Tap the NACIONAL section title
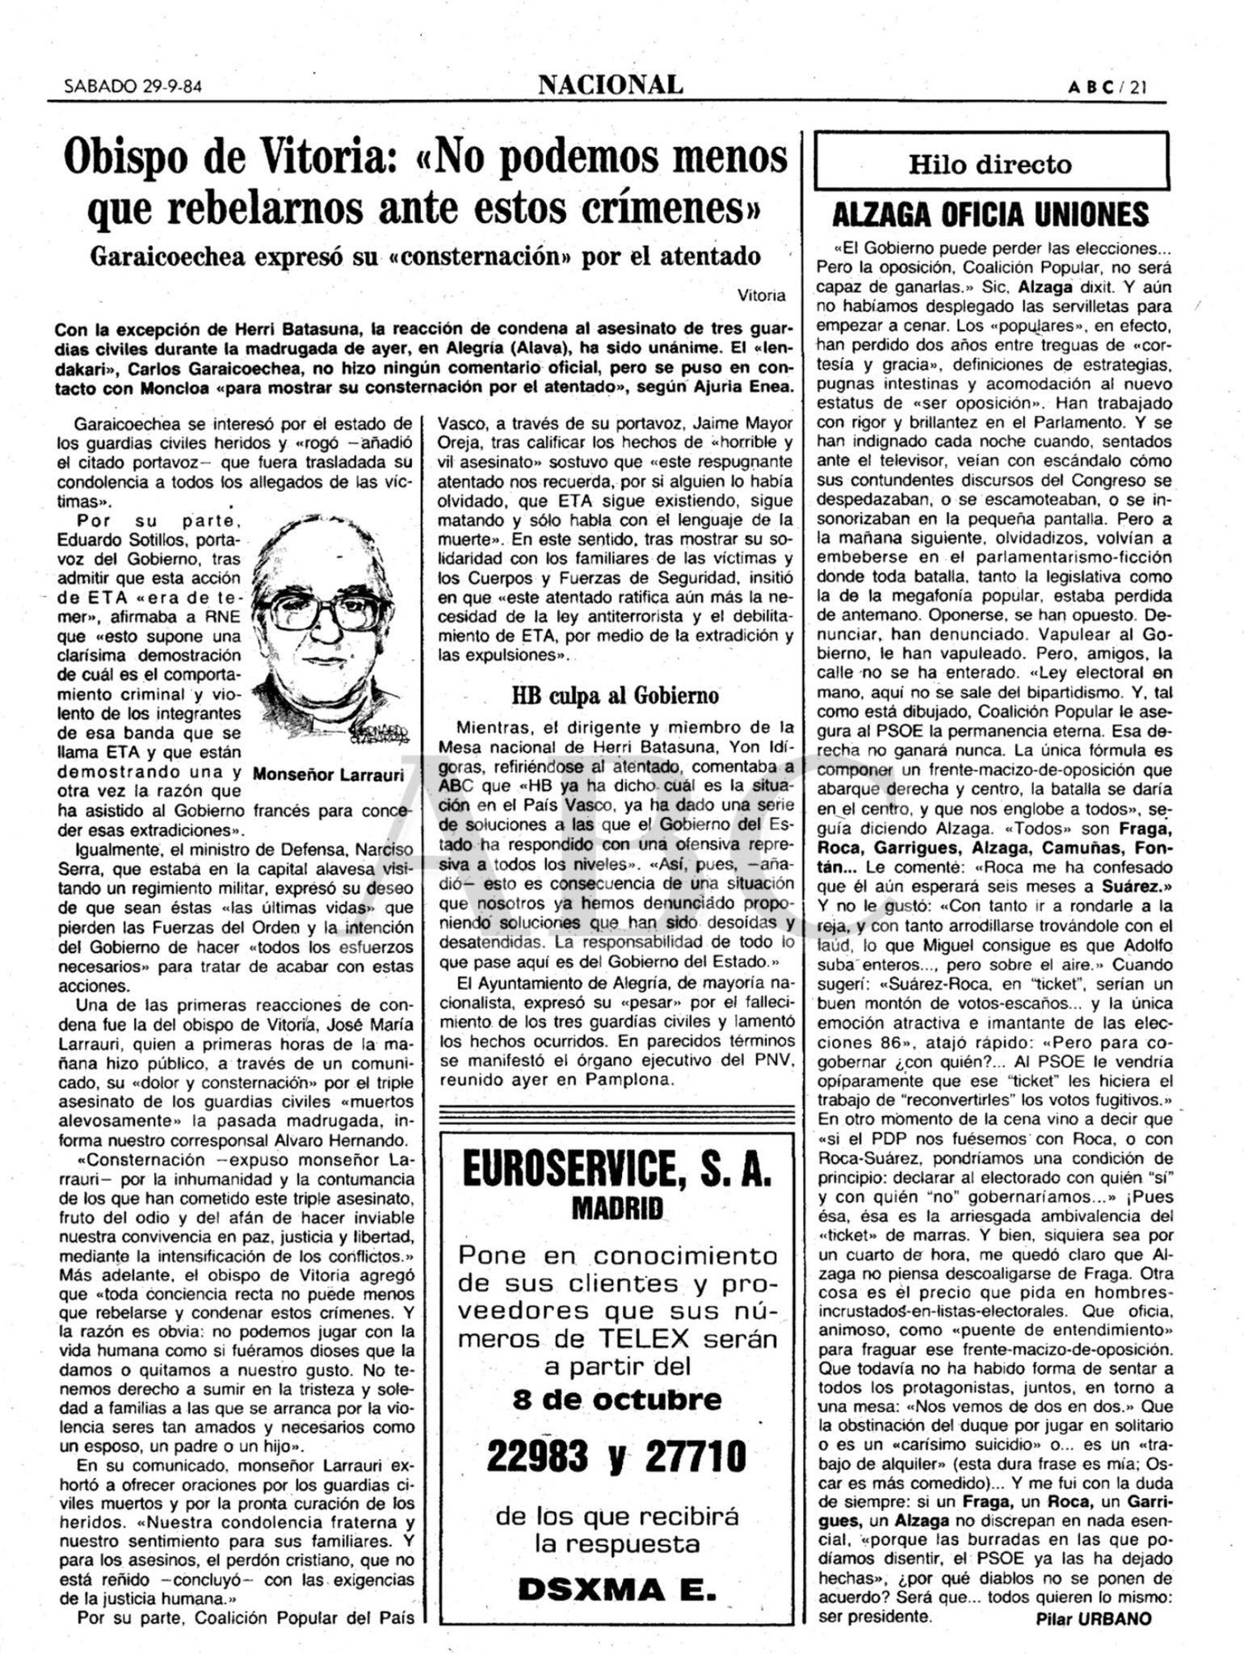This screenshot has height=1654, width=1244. [611, 83]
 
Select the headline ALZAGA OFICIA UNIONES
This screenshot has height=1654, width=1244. [990, 216]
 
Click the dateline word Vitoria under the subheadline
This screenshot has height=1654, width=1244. [761, 296]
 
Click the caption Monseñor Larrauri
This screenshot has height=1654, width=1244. [328, 775]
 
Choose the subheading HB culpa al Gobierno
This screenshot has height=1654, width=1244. [615, 695]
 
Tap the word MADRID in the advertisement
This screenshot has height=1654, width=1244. [617, 1209]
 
